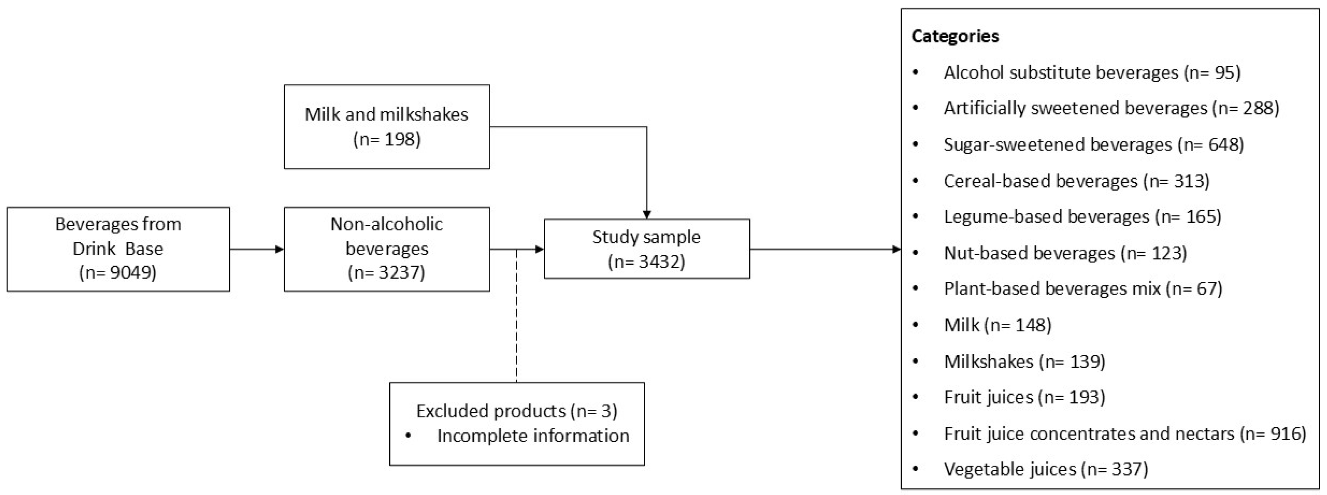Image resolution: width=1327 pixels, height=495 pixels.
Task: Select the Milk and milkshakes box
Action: click(386, 126)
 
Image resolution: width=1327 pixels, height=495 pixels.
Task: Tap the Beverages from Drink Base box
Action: click(118, 249)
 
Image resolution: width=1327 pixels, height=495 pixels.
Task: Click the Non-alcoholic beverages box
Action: click(386, 249)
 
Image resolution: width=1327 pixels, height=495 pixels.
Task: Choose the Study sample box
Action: click(647, 249)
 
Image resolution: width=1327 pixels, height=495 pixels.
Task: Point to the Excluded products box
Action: click(517, 423)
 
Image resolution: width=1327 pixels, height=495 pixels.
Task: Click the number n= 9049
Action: click(118, 273)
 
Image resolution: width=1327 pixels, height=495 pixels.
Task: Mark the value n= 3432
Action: click(647, 262)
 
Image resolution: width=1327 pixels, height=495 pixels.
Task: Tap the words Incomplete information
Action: click(533, 436)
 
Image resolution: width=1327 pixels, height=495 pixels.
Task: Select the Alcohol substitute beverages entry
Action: click(1092, 73)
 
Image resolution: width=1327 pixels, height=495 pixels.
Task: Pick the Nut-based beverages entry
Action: click(1065, 253)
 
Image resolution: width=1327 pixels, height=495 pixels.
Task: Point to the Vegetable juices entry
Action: click(1046, 469)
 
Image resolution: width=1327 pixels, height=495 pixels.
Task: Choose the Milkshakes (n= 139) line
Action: click(1024, 361)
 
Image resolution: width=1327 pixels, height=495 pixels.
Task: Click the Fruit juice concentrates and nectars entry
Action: click(1125, 434)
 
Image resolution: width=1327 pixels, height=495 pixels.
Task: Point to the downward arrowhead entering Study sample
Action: click(647, 214)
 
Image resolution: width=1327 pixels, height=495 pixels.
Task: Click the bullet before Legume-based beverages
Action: click(916, 216)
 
